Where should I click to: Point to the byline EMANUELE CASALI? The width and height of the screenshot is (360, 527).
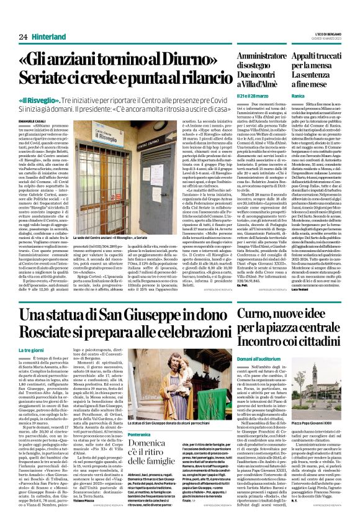[x=33, y=120]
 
